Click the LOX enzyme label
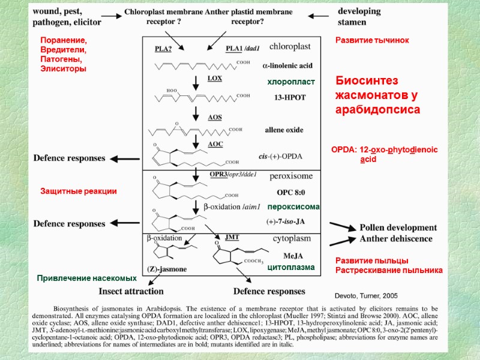click(x=215, y=78)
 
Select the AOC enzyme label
click(x=215, y=144)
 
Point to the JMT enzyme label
click(x=232, y=237)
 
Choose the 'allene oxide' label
click(x=284, y=130)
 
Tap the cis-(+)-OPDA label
click(x=280, y=156)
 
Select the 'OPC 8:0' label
click(x=290, y=193)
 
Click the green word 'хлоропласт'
click(x=291, y=82)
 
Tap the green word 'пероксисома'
click(x=293, y=206)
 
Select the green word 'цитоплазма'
click(x=291, y=267)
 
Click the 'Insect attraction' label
click(x=131, y=291)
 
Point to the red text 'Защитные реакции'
click(x=78, y=191)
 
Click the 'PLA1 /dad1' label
click(x=243, y=49)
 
